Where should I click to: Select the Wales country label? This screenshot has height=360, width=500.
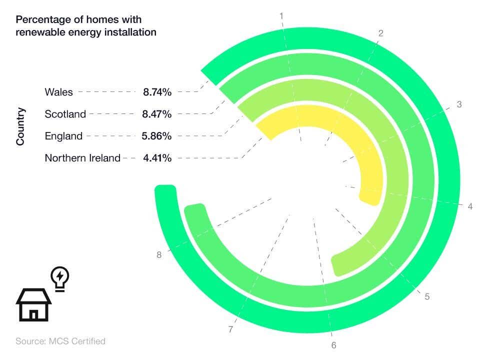coord(58,92)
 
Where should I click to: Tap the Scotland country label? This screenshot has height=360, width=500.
coord(65,114)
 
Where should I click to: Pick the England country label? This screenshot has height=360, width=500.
coord(63,136)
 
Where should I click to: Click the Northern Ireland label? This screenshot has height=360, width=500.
coord(82,158)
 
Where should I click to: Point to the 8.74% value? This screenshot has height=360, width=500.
coord(157,92)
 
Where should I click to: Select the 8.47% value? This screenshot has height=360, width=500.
coord(157,114)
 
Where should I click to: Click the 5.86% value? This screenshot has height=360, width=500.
coord(157,136)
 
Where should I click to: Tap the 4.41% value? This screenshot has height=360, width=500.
coord(157,158)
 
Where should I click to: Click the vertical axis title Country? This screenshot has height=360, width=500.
coord(20,126)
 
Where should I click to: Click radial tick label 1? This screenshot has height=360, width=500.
coord(281,16)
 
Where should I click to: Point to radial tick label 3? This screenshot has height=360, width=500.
coord(459,104)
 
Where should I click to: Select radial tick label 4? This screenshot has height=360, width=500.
coord(470,206)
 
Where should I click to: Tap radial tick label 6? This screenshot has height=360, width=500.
coord(333,345)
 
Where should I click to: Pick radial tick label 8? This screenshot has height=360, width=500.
coord(159,255)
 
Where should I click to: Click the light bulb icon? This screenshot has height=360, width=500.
coord(60,278)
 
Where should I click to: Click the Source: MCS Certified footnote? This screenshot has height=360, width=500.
coord(60,341)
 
